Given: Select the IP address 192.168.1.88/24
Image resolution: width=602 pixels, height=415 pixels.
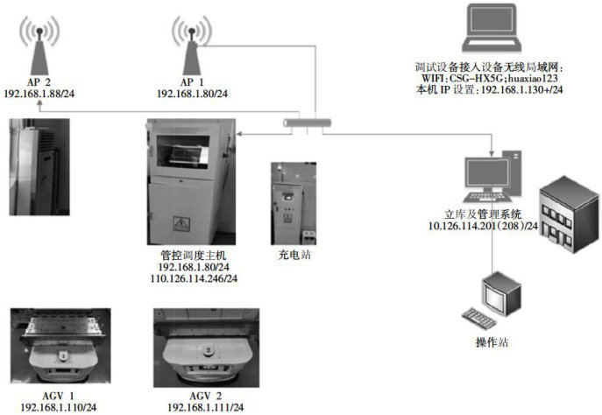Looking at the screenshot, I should (x=41, y=93).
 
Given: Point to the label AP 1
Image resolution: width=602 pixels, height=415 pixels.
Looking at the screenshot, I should (x=192, y=81).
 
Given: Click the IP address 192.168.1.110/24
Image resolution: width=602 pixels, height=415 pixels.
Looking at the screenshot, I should (x=59, y=408).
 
